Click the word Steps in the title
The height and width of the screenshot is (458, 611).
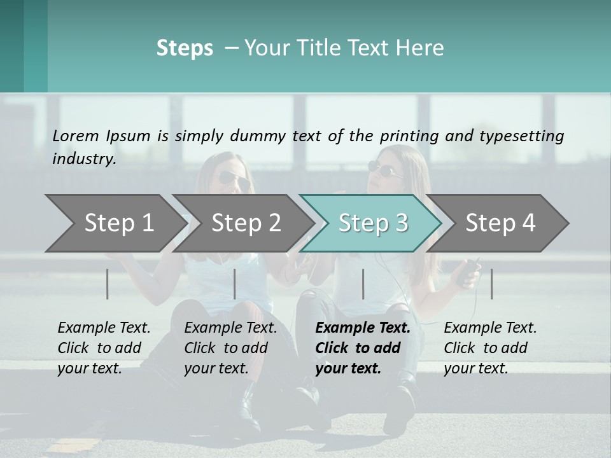185,48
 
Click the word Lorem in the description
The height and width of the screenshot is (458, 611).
76,135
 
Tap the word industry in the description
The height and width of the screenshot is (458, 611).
84,158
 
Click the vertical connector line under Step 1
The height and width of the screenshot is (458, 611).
108,284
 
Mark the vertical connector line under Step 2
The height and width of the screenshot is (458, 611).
235,284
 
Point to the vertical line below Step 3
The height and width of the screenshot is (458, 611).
363,284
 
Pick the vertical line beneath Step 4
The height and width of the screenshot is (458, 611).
491,284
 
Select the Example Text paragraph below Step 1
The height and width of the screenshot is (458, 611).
104,348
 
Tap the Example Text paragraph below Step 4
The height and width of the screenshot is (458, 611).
490,348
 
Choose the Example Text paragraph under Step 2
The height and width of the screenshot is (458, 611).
230,348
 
